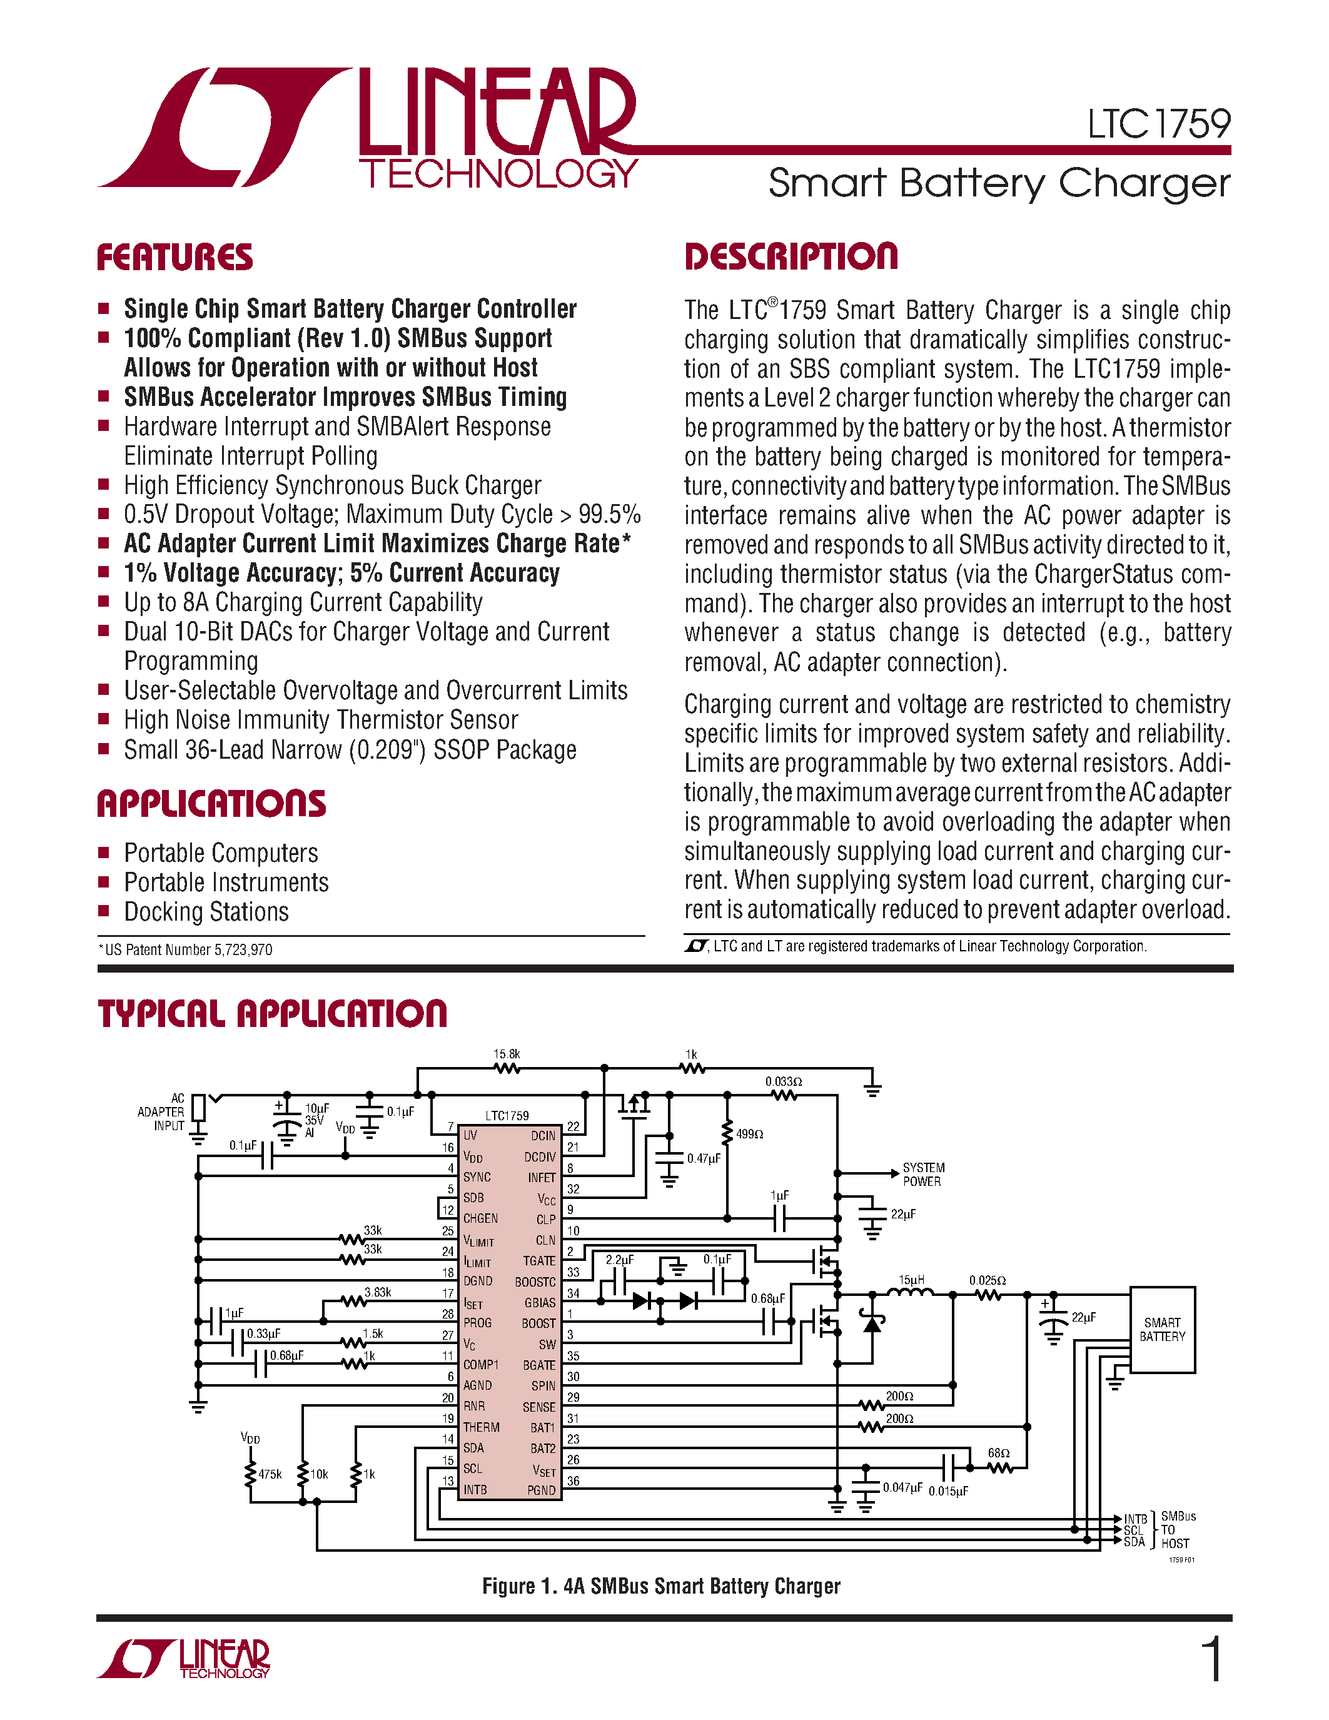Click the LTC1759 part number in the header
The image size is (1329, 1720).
pyautogui.click(x=1158, y=124)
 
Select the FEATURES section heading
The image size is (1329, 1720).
pyautogui.click(x=174, y=258)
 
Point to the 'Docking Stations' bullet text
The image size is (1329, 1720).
pyautogui.click(x=206, y=912)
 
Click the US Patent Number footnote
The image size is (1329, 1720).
pyautogui.click(x=186, y=950)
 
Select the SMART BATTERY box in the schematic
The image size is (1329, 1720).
pyautogui.click(x=1162, y=1330)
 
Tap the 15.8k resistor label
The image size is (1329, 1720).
pyautogui.click(x=506, y=1054)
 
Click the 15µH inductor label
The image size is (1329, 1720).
pyautogui.click(x=911, y=1280)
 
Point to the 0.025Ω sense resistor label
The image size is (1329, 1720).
pyautogui.click(x=988, y=1280)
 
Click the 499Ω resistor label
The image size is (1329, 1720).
pyautogui.click(x=749, y=1134)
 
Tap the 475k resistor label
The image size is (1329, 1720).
pyautogui.click(x=270, y=1474)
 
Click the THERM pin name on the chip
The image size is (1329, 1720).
pyautogui.click(x=481, y=1427)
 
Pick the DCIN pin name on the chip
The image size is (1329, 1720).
pyautogui.click(x=542, y=1136)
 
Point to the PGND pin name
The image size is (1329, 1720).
pyautogui.click(x=541, y=1490)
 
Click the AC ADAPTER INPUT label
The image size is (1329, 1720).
pyautogui.click(x=161, y=1112)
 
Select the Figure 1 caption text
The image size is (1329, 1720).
pyautogui.click(x=661, y=1586)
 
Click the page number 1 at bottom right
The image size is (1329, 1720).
pyautogui.click(x=1213, y=1659)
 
